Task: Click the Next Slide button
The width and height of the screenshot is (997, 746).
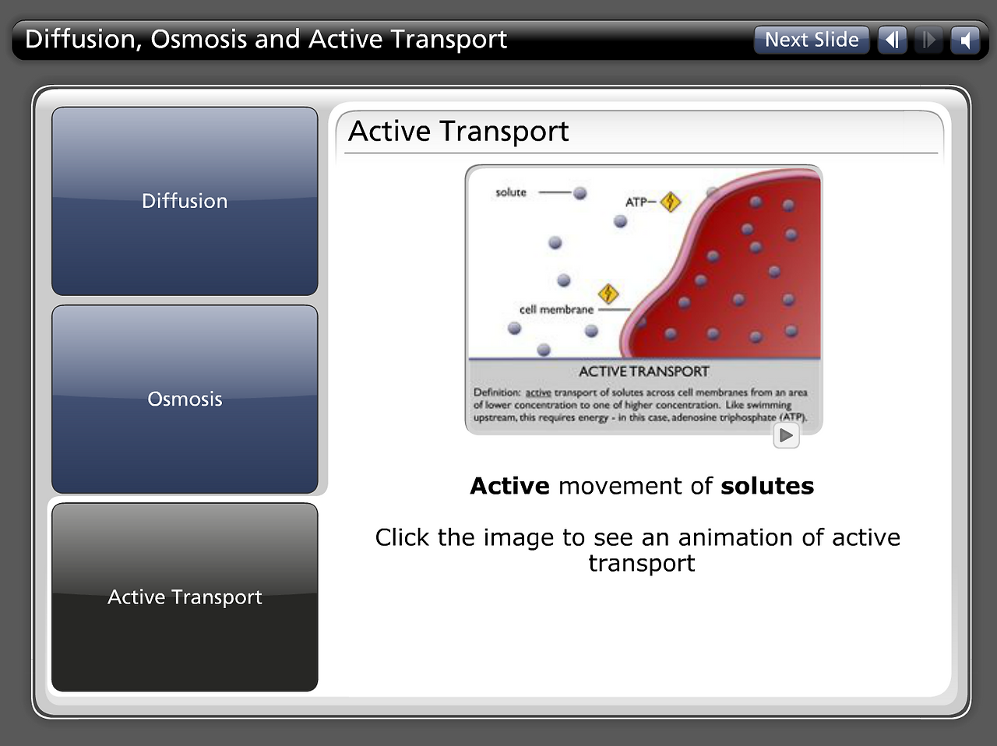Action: click(x=812, y=40)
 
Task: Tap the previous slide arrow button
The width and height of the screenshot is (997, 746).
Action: click(x=892, y=40)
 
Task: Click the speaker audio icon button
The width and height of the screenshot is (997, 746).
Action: click(x=965, y=40)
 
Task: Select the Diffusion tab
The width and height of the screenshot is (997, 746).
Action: click(x=185, y=201)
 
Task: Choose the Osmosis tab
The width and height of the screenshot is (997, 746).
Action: click(x=185, y=399)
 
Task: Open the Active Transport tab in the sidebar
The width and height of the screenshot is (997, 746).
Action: click(x=185, y=597)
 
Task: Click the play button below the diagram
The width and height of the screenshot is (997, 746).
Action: click(x=786, y=435)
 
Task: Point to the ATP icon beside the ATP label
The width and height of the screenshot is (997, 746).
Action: click(x=671, y=202)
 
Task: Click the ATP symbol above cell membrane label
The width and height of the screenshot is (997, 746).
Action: click(x=608, y=294)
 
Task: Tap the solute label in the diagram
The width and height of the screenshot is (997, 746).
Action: click(x=510, y=192)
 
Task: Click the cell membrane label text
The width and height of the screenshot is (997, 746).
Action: click(x=556, y=310)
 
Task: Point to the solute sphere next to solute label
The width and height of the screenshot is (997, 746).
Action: click(x=580, y=193)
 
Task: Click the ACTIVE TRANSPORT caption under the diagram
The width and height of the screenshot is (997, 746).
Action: click(x=643, y=371)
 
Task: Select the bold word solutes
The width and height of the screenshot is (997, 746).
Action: click(x=767, y=486)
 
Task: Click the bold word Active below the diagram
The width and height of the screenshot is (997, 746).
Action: click(x=509, y=486)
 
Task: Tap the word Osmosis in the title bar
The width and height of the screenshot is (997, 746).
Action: click(x=198, y=39)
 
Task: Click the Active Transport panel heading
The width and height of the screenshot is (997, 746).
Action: click(x=458, y=132)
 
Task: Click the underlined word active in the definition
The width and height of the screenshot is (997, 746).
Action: click(x=538, y=392)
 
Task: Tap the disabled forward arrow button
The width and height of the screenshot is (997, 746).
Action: click(x=928, y=40)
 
